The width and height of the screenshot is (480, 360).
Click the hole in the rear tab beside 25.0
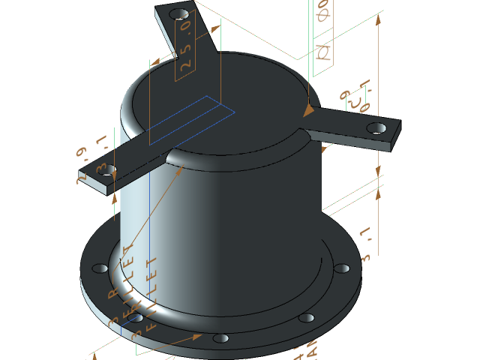click(x=180, y=14)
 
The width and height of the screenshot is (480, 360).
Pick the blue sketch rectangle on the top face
click(x=191, y=120)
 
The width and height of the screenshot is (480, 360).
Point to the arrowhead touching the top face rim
click(x=307, y=111)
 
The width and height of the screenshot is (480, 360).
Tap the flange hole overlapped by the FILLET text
click(x=136, y=318)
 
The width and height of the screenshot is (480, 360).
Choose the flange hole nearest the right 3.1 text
click(x=342, y=268)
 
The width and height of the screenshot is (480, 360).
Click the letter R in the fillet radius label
click(x=113, y=295)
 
